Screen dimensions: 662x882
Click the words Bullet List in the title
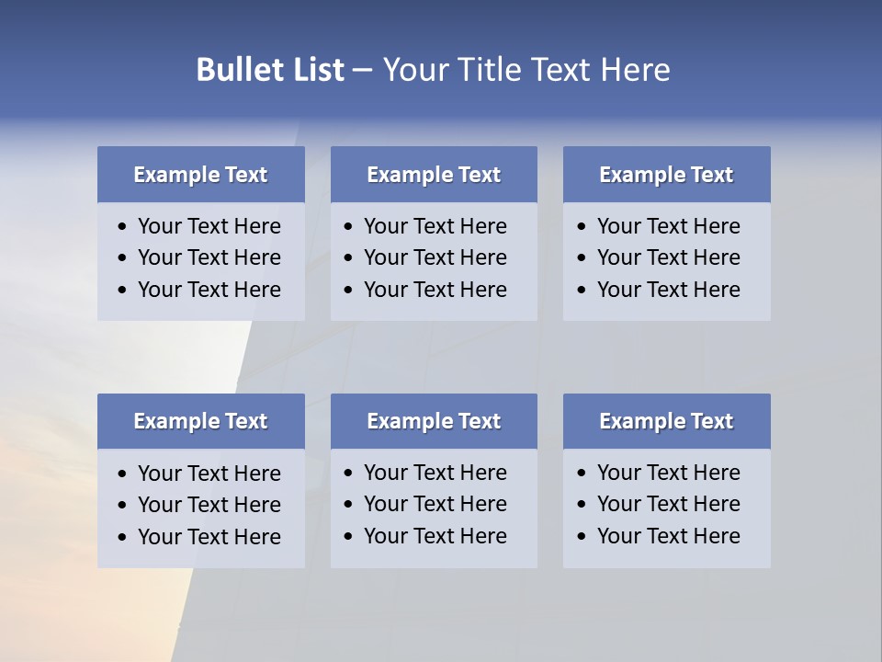(270, 70)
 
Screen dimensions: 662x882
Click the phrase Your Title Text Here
(526, 70)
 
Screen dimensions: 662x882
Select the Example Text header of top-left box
(200, 175)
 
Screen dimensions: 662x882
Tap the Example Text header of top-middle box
(434, 175)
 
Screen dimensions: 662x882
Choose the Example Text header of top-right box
(666, 175)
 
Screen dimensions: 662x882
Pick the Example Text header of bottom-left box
(200, 421)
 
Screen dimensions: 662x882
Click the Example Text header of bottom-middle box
(434, 421)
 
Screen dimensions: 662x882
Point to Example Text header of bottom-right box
(666, 421)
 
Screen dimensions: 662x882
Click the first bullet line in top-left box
(209, 226)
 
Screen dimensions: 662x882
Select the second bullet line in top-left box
(209, 257)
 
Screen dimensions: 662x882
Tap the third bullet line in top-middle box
(435, 290)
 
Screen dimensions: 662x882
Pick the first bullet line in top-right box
(669, 226)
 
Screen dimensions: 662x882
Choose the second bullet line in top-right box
(669, 257)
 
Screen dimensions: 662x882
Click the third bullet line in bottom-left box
(209, 537)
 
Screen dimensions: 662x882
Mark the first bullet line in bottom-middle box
(435, 473)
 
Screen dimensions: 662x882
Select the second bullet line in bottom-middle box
(435, 504)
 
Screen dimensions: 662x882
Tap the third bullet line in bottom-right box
(669, 536)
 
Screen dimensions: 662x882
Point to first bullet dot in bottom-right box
(582, 474)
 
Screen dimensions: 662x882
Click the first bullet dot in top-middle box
(348, 227)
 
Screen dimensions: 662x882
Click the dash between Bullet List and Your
(362, 70)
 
